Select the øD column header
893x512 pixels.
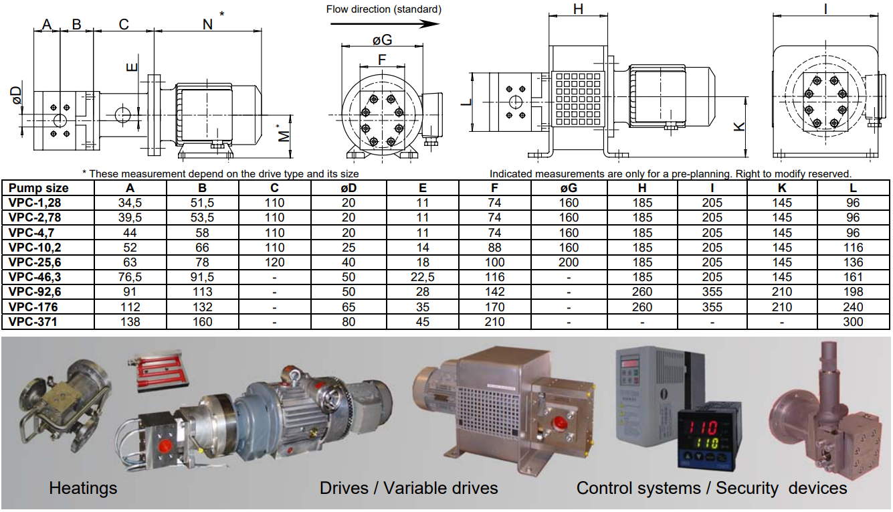click(348, 188)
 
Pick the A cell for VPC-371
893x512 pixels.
click(130, 322)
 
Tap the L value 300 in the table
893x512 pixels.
click(853, 322)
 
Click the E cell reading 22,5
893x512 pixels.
click(421, 277)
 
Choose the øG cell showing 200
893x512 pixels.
click(569, 262)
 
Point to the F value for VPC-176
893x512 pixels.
click(495, 307)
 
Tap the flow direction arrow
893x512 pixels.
click(384, 23)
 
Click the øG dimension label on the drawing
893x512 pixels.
click(382, 40)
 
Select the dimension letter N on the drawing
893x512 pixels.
click(207, 24)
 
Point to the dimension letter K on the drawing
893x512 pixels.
click(739, 126)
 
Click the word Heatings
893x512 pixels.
click(83, 488)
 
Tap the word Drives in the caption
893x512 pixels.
click(343, 488)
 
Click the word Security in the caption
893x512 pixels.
click(747, 488)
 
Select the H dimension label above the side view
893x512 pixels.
click(579, 9)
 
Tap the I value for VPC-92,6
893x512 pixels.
click(712, 292)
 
